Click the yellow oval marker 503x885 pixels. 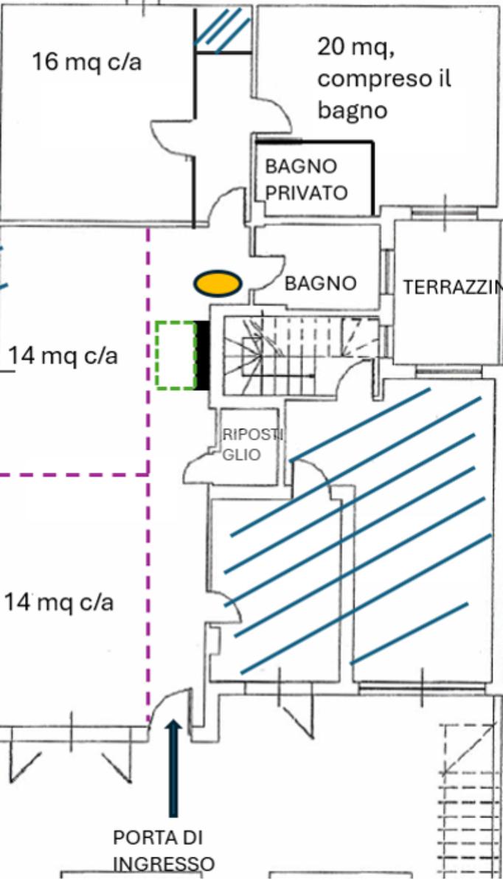218,282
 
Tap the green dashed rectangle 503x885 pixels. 176,355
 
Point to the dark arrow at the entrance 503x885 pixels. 173,767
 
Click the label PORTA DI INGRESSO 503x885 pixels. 163,850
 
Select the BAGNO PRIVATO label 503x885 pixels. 305,179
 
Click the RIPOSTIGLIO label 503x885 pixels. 242,444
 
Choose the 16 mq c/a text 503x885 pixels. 86,62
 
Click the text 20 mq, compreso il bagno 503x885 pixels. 384,78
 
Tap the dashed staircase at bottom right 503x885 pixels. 468,796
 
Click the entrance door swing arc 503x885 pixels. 168,704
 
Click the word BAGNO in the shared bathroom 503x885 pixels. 320,282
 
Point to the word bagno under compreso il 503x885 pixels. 352,110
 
